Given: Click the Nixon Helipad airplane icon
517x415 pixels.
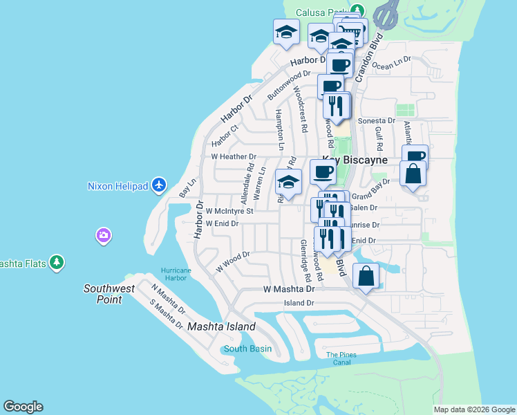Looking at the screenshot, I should pyautogui.click(x=160, y=185).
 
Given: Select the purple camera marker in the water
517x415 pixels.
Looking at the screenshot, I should pyautogui.click(x=104, y=236).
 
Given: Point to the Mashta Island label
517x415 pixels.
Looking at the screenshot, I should pyautogui.click(x=221, y=326).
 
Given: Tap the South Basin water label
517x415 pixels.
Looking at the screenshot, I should pyautogui.click(x=247, y=349).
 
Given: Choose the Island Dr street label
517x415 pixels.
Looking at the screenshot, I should pyautogui.click(x=299, y=303).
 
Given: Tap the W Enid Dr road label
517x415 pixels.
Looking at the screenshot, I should pyautogui.click(x=222, y=223).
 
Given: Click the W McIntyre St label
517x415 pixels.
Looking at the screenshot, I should pyautogui.click(x=229, y=210).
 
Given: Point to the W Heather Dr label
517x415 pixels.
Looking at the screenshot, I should pyautogui.click(x=233, y=157).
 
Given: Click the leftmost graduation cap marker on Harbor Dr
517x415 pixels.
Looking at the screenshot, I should pyautogui.click(x=286, y=32).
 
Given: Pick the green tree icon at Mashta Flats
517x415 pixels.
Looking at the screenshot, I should pyautogui.click(x=58, y=262).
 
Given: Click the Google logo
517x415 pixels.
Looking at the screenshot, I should pyautogui.click(x=23, y=407).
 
